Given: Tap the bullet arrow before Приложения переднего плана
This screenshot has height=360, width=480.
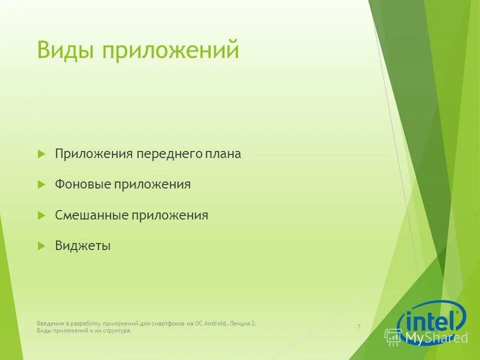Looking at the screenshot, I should click(x=41, y=154).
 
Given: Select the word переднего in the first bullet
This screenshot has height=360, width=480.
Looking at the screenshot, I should click(x=168, y=154).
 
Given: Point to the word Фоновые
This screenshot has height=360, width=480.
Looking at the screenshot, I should click(x=82, y=184).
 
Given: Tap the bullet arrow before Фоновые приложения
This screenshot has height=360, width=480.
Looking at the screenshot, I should click(x=41, y=184).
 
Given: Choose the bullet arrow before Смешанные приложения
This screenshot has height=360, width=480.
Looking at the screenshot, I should click(x=41, y=215).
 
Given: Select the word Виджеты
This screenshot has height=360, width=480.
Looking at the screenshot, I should click(x=82, y=246).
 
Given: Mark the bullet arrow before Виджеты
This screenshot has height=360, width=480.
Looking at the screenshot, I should click(x=41, y=246).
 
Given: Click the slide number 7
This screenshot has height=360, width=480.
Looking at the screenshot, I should click(x=359, y=326).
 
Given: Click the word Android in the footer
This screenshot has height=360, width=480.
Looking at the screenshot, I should click(x=215, y=323).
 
